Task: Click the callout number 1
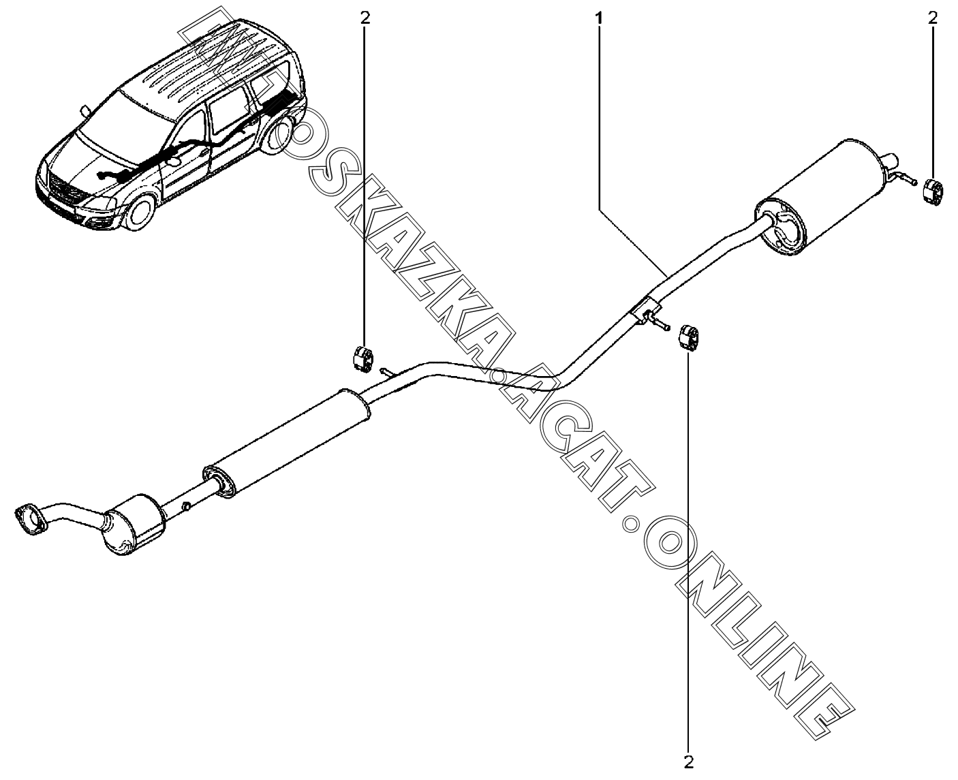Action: click(x=599, y=18)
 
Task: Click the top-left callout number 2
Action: click(x=365, y=18)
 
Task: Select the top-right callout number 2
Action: click(x=933, y=18)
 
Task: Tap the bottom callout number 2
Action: click(x=688, y=761)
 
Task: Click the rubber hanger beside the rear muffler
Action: click(x=933, y=191)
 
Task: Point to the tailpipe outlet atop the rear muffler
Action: click(x=888, y=162)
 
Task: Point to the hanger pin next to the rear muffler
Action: click(x=903, y=180)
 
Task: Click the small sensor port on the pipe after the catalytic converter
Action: click(x=185, y=506)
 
